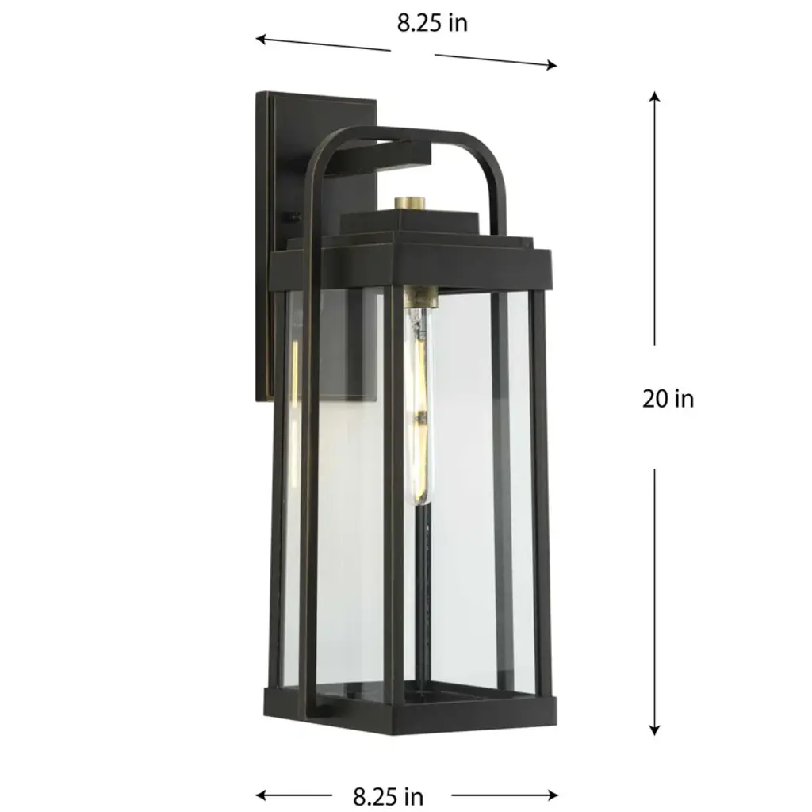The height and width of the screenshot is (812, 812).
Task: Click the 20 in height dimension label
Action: (668, 399)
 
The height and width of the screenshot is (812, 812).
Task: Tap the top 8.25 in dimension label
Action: (432, 23)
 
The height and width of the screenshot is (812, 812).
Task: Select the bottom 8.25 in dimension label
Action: (389, 796)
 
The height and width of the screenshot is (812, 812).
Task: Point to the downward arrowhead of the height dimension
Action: (655, 730)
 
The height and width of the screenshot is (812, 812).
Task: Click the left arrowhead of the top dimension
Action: (262, 39)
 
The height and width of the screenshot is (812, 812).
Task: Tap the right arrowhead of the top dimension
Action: (552, 65)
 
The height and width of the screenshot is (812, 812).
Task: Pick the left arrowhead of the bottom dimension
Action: (262, 795)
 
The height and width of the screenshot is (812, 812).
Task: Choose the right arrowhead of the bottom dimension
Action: (553, 795)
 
